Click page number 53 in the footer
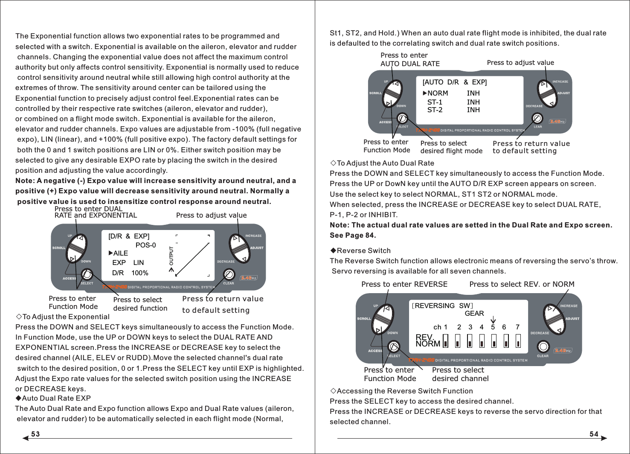35,434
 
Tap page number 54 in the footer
594,434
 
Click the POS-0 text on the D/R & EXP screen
145,245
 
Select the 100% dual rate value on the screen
139,273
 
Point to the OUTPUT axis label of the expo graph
171,256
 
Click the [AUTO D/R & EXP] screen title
454,82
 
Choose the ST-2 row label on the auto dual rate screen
435,110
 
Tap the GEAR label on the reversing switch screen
474,313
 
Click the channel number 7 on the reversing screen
517,327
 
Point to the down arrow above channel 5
493,320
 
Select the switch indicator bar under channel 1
445,341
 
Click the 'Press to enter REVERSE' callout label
404,284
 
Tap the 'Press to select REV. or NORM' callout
521,284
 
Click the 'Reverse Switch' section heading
363,250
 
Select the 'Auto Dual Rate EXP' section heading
56,398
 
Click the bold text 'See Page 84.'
353,235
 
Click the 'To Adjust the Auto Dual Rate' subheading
385,163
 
